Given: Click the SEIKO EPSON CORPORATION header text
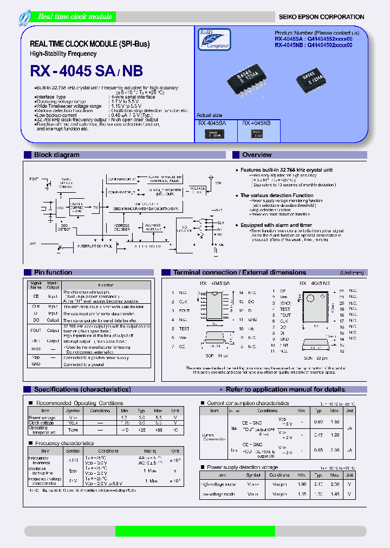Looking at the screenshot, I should (x=321, y=17).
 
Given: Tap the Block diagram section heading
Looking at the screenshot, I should (x=56, y=155).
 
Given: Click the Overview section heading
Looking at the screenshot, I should (x=257, y=155).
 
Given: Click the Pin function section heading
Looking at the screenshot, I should (x=53, y=272).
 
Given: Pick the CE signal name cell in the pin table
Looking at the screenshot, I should (x=36, y=296).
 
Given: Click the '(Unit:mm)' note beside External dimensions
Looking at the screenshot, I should (x=352, y=272).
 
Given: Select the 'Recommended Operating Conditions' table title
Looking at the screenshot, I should (x=80, y=403).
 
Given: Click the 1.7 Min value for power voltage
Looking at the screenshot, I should (x=125, y=418).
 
